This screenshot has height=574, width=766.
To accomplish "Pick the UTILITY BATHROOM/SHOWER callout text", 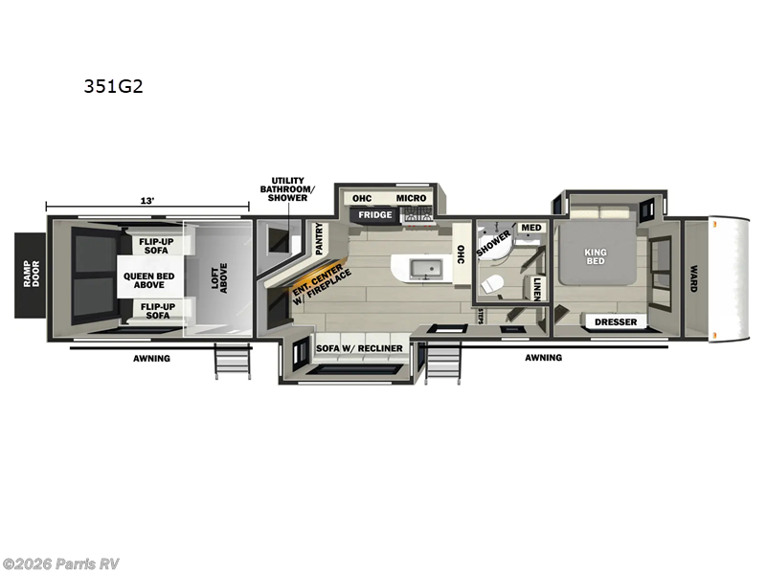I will tap(288, 188).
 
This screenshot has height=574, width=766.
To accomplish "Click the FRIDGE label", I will tap(375, 215).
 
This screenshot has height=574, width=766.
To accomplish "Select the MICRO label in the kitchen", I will tap(411, 198).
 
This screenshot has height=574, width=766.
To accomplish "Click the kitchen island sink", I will tap(422, 268).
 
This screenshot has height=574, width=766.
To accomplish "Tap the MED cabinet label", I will tap(531, 228).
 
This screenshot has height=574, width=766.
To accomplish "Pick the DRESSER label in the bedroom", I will tap(615, 322).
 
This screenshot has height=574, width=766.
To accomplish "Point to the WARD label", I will tap(692, 277).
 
